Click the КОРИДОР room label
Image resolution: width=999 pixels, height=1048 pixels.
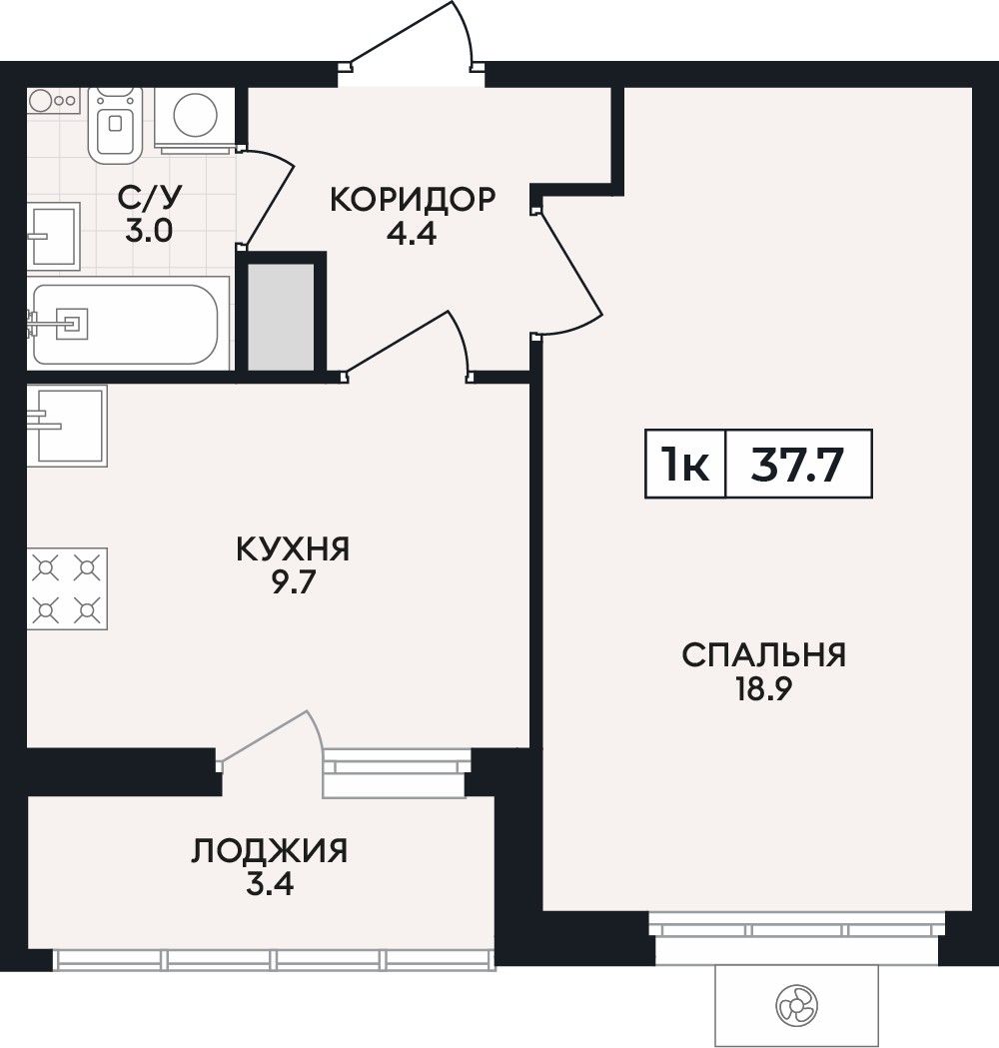point(413,199)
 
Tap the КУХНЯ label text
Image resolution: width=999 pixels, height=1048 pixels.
point(294,550)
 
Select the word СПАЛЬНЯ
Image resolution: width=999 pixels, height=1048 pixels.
point(764,655)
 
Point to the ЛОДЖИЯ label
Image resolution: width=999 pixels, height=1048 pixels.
point(270,851)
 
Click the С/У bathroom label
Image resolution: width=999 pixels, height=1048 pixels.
point(150,198)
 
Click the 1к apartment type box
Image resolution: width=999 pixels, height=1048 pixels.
point(685,465)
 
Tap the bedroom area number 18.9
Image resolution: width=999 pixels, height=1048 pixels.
point(764,689)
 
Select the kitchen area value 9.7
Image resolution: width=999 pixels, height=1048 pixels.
point(292,583)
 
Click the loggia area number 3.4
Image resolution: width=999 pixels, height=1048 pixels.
point(270,885)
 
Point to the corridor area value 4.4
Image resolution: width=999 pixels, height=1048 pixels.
point(413,234)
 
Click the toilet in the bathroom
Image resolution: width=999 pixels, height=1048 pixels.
point(116,124)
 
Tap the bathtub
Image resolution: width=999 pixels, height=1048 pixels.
point(126,325)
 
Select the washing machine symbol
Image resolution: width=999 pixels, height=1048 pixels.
point(195,117)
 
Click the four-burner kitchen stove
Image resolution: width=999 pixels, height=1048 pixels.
point(67,588)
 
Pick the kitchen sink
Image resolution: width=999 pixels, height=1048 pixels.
point(67,426)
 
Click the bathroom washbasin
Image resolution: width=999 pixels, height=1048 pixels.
point(54,236)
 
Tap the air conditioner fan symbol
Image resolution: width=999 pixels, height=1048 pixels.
point(797,1005)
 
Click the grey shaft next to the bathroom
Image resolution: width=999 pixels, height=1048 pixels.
point(282,317)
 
